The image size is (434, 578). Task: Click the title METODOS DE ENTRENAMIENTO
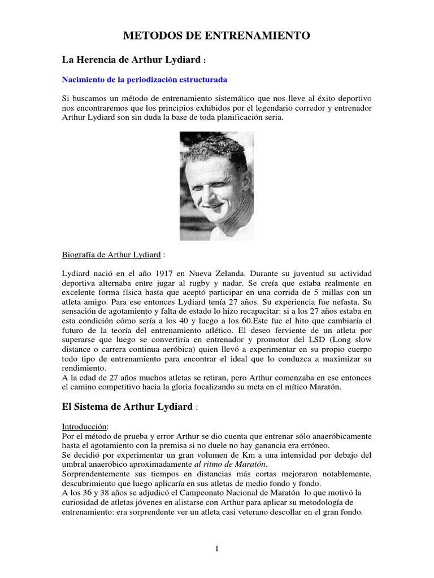point(217,36)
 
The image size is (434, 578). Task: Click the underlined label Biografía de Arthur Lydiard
point(111,255)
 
